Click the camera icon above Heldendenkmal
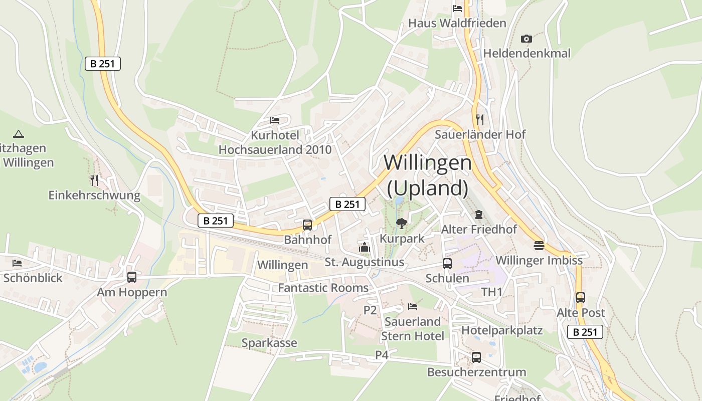pos(526,39)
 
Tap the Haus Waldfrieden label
pos(457,23)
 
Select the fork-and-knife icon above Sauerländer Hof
pos(480,119)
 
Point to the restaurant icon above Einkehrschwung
pos(94,180)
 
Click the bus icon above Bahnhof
pos(307,225)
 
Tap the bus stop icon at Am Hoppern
pos(132,277)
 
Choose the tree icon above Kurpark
pos(401,223)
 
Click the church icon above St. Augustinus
pos(364,247)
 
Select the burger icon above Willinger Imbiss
pos(539,246)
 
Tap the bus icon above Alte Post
pos(581,298)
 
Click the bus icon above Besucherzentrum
pos(476,357)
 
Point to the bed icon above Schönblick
pos(18,263)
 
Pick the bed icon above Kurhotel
pos(275,120)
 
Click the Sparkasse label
pos(269,343)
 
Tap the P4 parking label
pos(382,355)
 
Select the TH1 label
pos(492,292)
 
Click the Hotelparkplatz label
pos(502,330)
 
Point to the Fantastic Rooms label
pos(323,288)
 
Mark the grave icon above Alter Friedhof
pos(479,215)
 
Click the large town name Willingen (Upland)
pos(428,175)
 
